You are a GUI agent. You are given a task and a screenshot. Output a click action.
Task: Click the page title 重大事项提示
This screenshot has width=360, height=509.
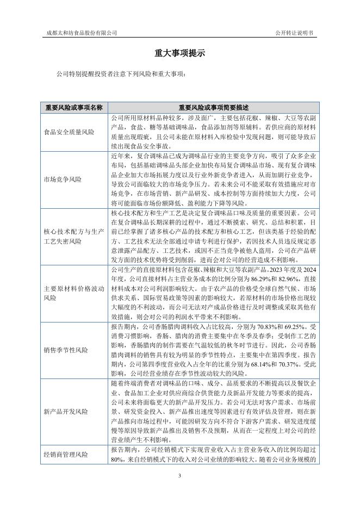tap(179, 53)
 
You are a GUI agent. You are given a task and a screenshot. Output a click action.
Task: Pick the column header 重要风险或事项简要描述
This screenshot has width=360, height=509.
tap(214, 107)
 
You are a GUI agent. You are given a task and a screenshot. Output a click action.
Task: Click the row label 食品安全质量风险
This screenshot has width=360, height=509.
tap(69, 132)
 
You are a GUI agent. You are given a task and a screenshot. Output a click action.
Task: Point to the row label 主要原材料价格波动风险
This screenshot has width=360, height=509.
tap(73, 294)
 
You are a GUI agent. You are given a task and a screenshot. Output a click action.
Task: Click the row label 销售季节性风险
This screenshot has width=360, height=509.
tap(65, 350)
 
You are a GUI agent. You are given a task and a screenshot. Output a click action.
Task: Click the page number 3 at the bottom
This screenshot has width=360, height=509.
tap(179, 476)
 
